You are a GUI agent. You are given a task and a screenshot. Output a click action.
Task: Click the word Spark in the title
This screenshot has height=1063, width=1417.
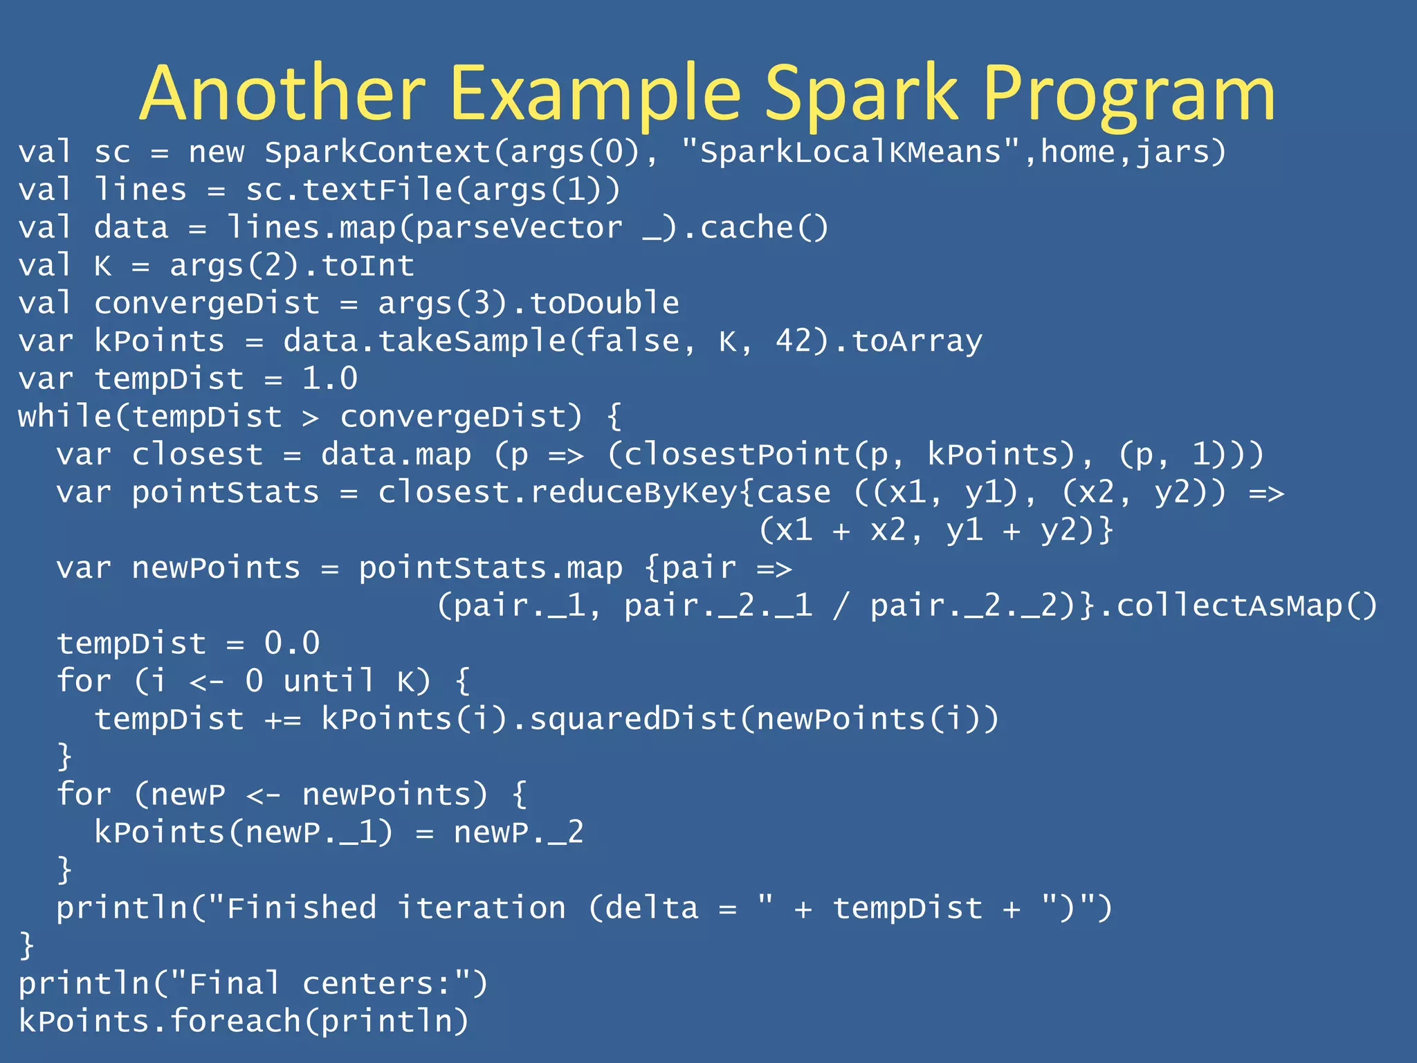point(861,94)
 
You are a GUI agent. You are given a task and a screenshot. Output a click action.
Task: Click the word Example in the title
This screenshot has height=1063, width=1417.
point(595,94)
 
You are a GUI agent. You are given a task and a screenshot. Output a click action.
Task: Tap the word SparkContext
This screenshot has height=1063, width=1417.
point(378,152)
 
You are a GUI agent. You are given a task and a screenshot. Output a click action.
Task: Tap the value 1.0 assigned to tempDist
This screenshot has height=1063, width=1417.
point(330,379)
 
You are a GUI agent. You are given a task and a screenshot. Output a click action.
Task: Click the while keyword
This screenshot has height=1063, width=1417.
point(64,417)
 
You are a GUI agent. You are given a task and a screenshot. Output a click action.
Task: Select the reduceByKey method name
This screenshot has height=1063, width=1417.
point(633,493)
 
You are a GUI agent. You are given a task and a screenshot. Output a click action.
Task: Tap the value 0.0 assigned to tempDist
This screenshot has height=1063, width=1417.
point(292,644)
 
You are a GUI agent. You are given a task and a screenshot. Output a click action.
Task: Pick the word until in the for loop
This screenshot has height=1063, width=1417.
point(329,682)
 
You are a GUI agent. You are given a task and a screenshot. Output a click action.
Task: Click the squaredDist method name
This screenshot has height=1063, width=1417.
point(633,720)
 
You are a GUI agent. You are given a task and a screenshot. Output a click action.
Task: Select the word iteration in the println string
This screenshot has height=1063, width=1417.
point(482,908)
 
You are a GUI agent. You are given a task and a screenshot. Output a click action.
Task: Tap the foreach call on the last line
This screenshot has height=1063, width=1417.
point(235,1021)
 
